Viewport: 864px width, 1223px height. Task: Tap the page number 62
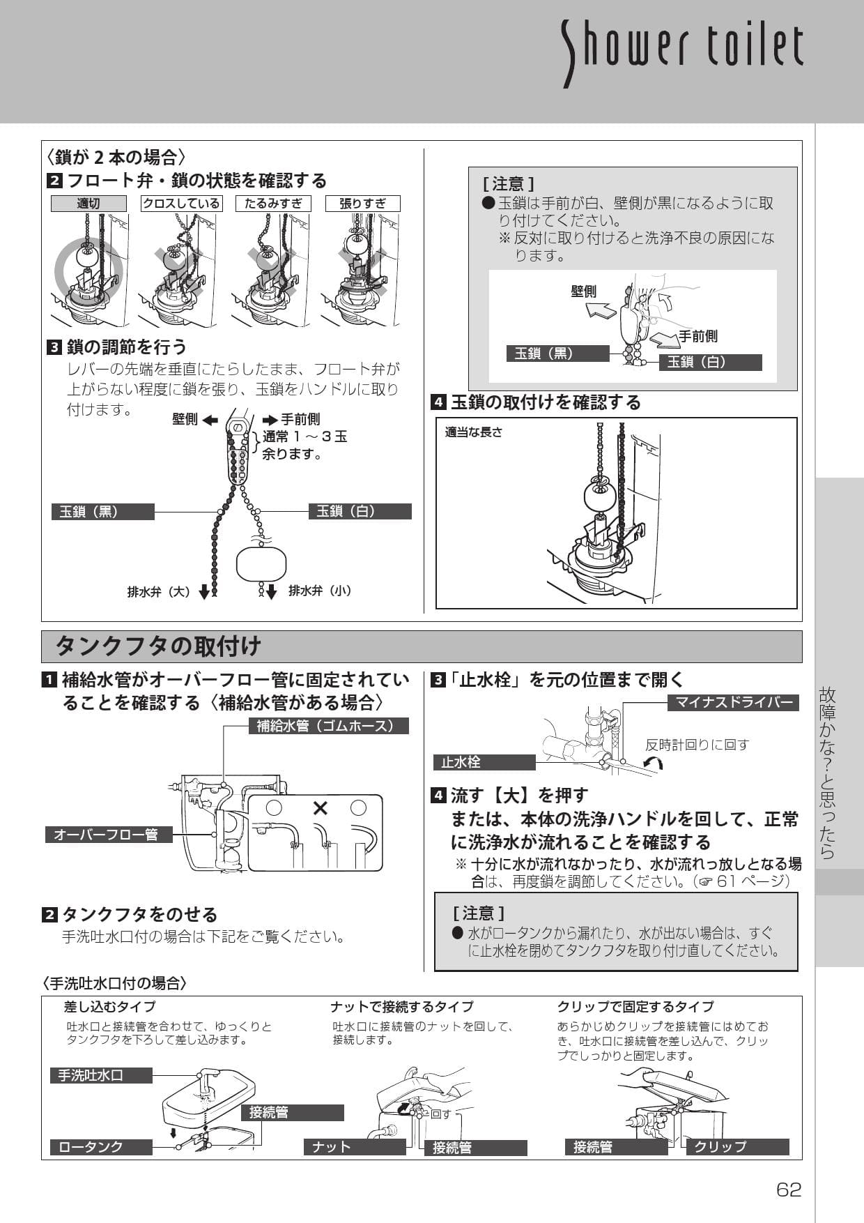pos(789,1190)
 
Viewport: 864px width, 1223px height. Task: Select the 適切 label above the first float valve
pos(88,204)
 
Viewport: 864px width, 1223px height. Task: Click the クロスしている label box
pos(181,204)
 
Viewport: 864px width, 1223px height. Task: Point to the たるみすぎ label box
pos(272,204)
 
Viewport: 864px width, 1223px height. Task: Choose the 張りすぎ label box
pos(362,204)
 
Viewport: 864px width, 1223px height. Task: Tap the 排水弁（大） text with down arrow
pos(168,592)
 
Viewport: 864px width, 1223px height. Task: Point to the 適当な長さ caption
pos(474,432)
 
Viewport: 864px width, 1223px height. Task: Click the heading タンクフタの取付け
pos(158,646)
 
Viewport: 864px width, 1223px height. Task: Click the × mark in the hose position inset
pos(320,808)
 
